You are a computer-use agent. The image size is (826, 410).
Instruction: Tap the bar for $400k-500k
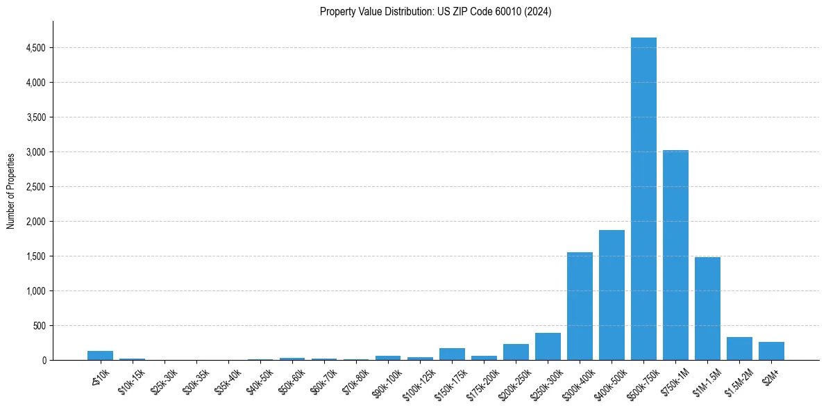(612, 295)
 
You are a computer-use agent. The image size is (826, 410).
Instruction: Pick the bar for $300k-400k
(580, 306)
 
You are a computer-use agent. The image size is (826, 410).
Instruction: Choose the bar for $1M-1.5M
(707, 309)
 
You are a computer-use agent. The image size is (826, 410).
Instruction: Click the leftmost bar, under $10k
(100, 356)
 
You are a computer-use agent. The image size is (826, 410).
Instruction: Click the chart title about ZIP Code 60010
(435, 12)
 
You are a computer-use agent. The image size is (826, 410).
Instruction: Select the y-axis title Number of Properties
(11, 190)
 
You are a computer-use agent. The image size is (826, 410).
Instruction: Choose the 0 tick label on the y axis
(44, 361)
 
